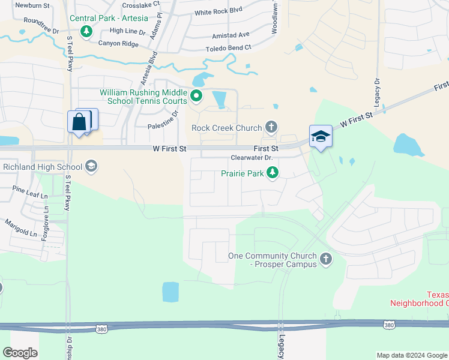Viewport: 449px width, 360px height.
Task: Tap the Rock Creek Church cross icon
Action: click(271, 127)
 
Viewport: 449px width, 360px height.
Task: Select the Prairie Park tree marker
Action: click(273, 173)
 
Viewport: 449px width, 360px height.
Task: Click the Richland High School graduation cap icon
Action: click(91, 166)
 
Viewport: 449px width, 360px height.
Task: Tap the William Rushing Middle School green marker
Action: click(196, 96)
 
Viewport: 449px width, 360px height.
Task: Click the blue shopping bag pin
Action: click(79, 122)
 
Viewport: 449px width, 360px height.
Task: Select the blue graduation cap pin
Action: click(321, 137)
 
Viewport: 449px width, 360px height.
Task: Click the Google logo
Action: click(20, 353)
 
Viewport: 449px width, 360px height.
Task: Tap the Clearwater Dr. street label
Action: click(252, 158)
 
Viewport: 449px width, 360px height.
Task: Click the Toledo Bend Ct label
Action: click(228, 47)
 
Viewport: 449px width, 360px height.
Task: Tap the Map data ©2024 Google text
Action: click(411, 355)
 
